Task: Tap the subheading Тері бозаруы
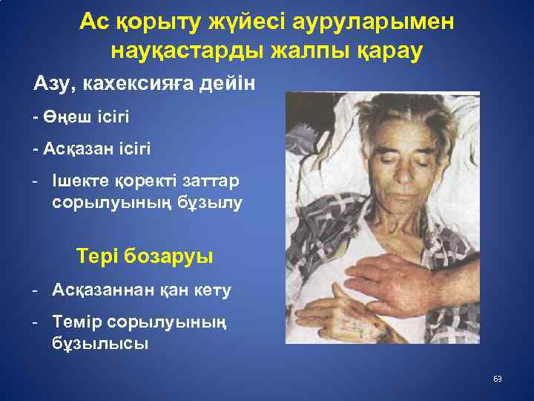(x=145, y=256)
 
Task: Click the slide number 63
(x=498, y=379)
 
